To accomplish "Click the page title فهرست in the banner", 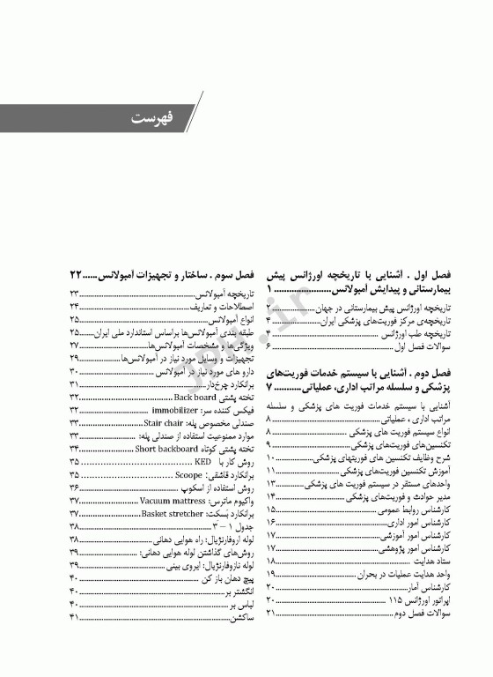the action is click(152, 117).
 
